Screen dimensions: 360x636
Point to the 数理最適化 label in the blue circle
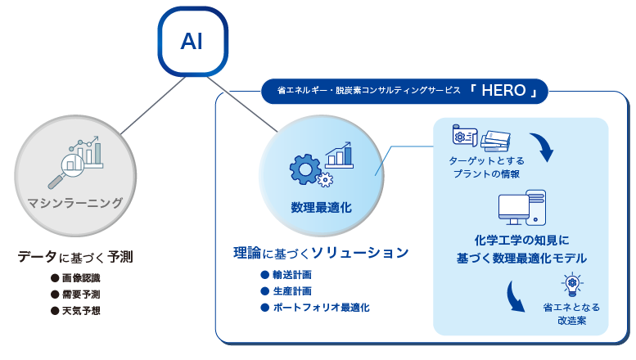pos(321,208)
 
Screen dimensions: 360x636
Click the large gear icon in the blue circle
pos(305,167)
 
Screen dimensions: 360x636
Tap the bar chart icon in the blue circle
pos(339,154)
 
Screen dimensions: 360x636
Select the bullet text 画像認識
pos(81,277)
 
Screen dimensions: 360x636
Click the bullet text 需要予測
pos(81,294)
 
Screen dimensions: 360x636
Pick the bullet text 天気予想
pos(81,310)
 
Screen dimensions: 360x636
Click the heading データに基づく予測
pos(75,256)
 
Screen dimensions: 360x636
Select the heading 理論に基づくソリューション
pos(320,252)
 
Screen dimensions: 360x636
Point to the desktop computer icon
pos(521,209)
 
